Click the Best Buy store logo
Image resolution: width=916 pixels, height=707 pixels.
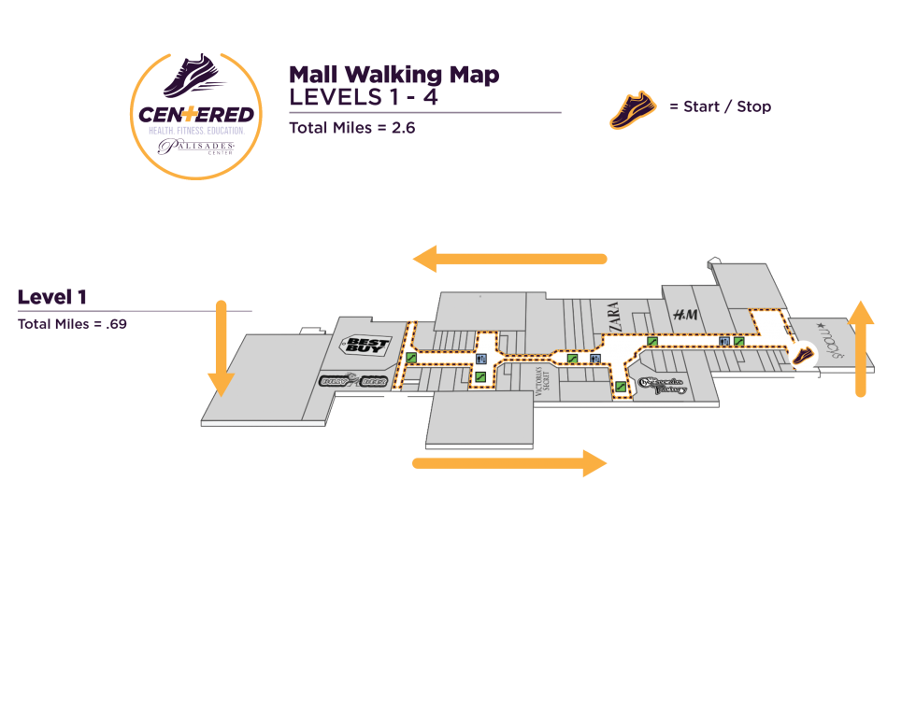tap(365, 346)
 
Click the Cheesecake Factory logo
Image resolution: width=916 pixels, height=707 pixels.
tap(663, 386)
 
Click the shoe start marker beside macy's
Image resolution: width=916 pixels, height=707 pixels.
tap(802, 354)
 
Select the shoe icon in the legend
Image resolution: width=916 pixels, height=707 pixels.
tap(633, 107)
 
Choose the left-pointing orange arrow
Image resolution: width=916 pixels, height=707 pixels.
tap(509, 259)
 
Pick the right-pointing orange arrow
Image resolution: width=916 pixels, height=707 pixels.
tap(510, 462)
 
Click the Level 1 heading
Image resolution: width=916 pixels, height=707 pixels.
tap(52, 297)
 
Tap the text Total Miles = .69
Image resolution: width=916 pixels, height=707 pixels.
tap(72, 324)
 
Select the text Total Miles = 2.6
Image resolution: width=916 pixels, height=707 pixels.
tap(351, 128)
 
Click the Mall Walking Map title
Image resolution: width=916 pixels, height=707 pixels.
tap(394, 75)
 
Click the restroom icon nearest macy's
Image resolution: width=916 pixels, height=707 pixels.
tap(723, 342)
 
